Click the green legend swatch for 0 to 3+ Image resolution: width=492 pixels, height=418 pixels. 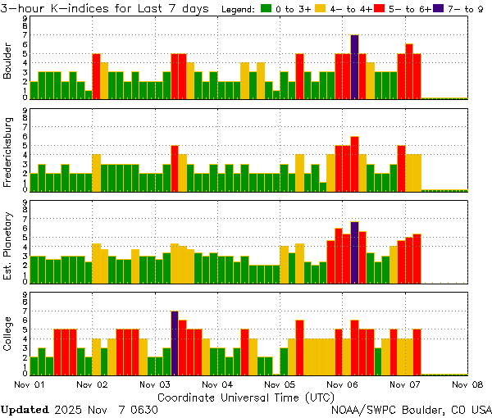point(266,9)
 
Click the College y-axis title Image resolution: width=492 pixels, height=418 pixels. point(8,335)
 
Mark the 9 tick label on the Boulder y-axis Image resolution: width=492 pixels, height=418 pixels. point(25,18)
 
